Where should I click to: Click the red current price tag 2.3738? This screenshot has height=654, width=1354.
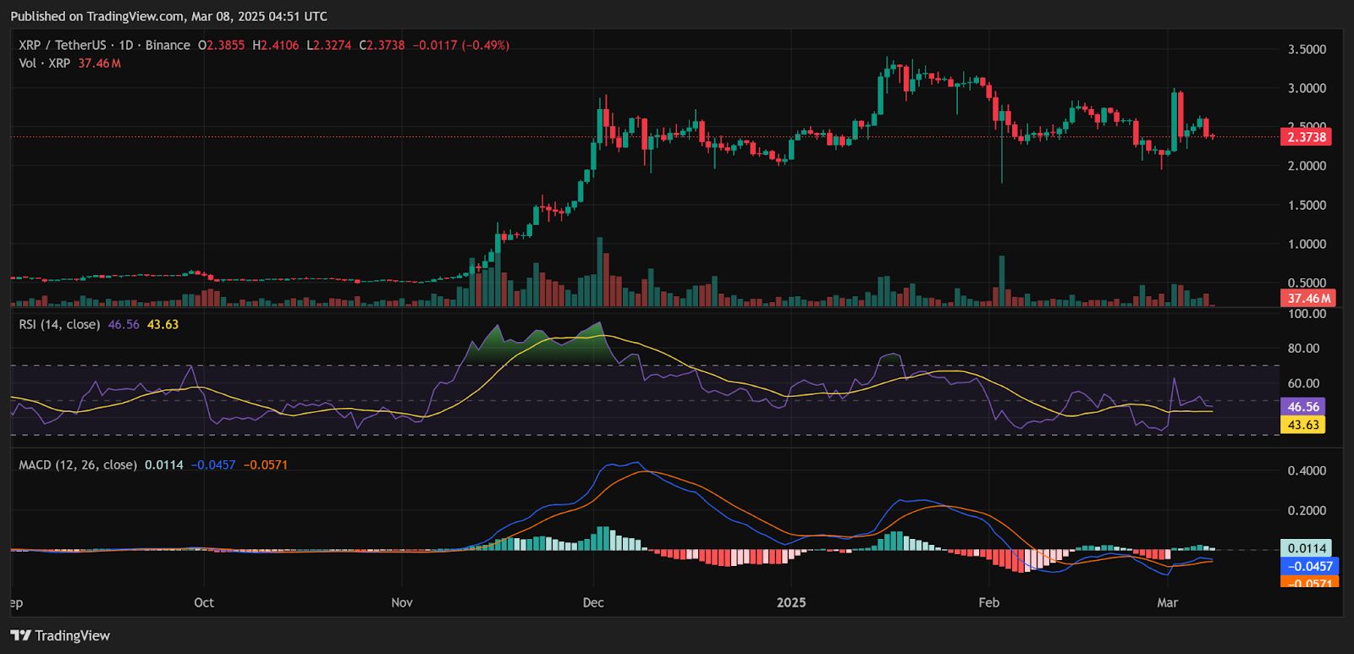point(1306,137)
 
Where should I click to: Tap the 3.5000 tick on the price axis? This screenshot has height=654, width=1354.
point(1307,50)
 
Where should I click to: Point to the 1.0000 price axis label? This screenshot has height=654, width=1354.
point(1307,245)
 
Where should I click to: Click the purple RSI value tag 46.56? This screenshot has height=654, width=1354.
point(1303,407)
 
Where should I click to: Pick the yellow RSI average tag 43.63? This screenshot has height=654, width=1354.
point(1303,425)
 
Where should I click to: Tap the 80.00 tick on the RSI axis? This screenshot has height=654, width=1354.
point(1303,349)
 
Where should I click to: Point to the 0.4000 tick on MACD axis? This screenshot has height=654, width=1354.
point(1307,471)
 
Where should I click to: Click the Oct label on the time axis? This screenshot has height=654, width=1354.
point(204,602)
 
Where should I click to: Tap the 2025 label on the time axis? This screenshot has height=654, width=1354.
point(791,602)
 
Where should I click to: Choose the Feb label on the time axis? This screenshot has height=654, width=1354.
point(988,602)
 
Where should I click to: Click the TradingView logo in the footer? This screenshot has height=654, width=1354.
point(60,635)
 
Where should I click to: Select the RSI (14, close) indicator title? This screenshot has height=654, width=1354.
point(59,324)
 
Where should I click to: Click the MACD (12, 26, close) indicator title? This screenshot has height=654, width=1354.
point(78,464)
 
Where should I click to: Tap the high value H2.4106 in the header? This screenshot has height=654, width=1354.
point(275,45)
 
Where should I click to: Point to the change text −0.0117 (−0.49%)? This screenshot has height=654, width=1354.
point(461,45)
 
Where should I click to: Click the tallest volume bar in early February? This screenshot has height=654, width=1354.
point(1002,281)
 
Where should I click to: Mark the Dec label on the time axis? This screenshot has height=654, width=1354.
point(593,602)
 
